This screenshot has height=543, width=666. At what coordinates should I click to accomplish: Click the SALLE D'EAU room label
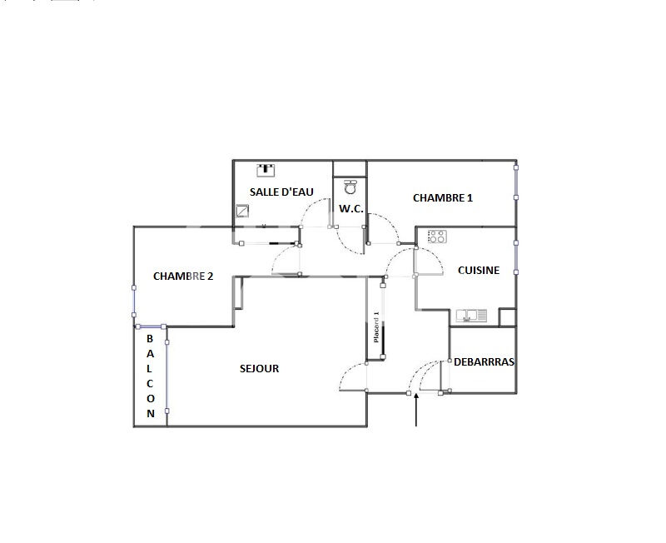point(281,192)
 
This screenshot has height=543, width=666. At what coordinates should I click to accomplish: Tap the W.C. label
point(350,208)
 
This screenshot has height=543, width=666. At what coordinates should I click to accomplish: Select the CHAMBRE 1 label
point(443,198)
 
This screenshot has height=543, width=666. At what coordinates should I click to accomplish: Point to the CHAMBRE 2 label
point(183,276)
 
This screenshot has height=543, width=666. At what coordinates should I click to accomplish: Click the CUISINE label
point(479,270)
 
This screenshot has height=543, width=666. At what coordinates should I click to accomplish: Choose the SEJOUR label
point(259,368)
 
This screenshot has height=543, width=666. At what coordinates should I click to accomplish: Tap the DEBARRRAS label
point(484,362)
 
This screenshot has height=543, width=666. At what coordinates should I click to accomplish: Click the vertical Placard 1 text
point(376,328)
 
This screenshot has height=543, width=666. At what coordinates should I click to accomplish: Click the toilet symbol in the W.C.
point(350,187)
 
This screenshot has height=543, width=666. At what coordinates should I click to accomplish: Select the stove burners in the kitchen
point(437,237)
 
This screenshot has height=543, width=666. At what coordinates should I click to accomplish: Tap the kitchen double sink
point(471,316)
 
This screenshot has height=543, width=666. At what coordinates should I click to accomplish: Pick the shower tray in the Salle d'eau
point(243,212)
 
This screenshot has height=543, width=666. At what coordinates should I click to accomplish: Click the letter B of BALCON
point(151,339)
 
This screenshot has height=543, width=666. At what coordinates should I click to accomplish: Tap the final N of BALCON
point(151,413)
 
